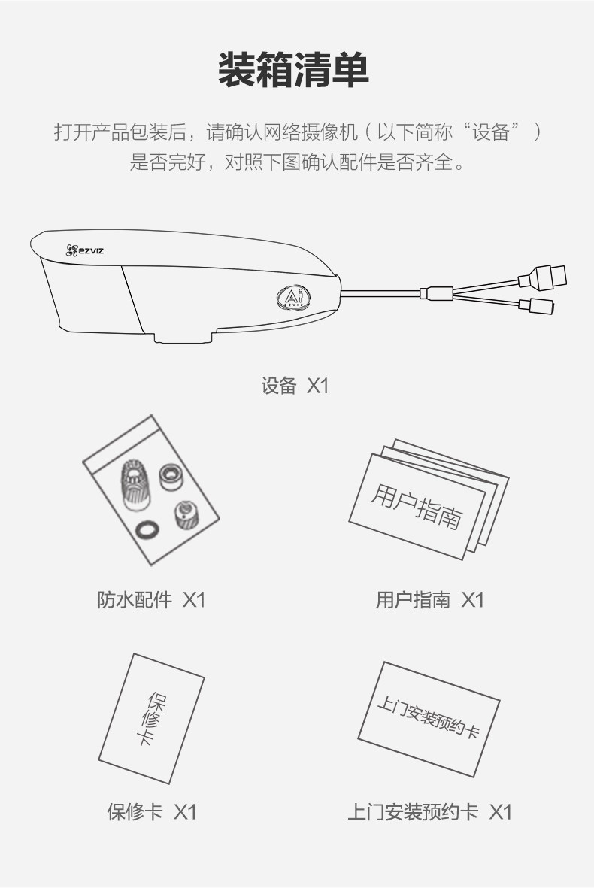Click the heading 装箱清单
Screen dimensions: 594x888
[294, 70]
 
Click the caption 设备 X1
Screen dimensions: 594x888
[295, 386]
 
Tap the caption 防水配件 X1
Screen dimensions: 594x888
[151, 600]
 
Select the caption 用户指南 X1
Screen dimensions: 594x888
[430, 600]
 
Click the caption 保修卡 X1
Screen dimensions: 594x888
[151, 811]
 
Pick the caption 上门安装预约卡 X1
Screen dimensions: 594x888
[429, 811]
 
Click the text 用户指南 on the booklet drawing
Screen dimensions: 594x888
[417, 506]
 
